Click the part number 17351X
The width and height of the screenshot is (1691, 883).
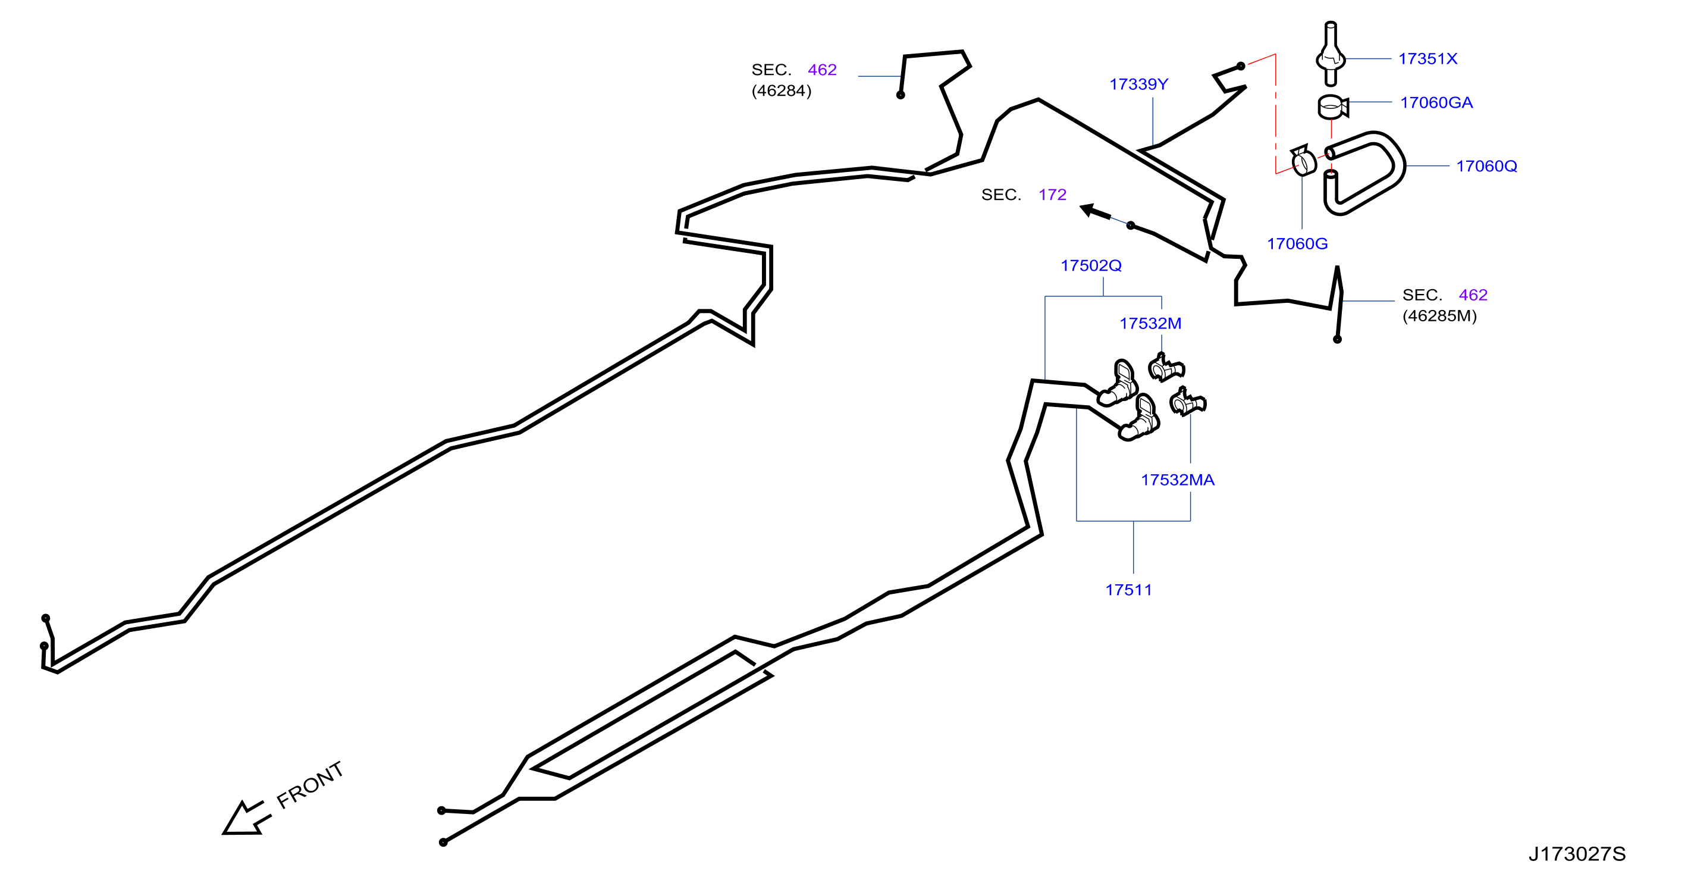pyautogui.click(x=1427, y=59)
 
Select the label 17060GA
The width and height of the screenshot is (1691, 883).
pyautogui.click(x=1436, y=102)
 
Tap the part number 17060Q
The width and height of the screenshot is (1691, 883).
pyautogui.click(x=1486, y=166)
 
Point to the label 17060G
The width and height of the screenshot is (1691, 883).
pyautogui.click(x=1297, y=243)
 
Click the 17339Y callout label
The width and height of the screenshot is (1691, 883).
pyautogui.click(x=1139, y=84)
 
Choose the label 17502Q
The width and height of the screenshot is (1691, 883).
pyautogui.click(x=1091, y=265)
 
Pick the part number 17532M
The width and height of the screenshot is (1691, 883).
pyautogui.click(x=1150, y=323)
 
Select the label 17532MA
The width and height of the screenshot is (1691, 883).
pyautogui.click(x=1178, y=480)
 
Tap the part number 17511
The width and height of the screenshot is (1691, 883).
pyautogui.click(x=1128, y=590)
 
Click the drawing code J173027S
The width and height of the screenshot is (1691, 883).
pyautogui.click(x=1577, y=853)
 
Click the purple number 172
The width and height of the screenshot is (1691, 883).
pyautogui.click(x=1052, y=195)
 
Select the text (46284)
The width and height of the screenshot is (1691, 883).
pyautogui.click(x=781, y=90)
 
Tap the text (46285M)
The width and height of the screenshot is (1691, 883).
pyautogui.click(x=1439, y=316)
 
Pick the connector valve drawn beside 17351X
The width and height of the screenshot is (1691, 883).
pyautogui.click(x=1331, y=54)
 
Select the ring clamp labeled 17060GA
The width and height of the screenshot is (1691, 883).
pyautogui.click(x=1332, y=107)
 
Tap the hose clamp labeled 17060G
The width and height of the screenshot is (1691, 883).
pyautogui.click(x=1304, y=161)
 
